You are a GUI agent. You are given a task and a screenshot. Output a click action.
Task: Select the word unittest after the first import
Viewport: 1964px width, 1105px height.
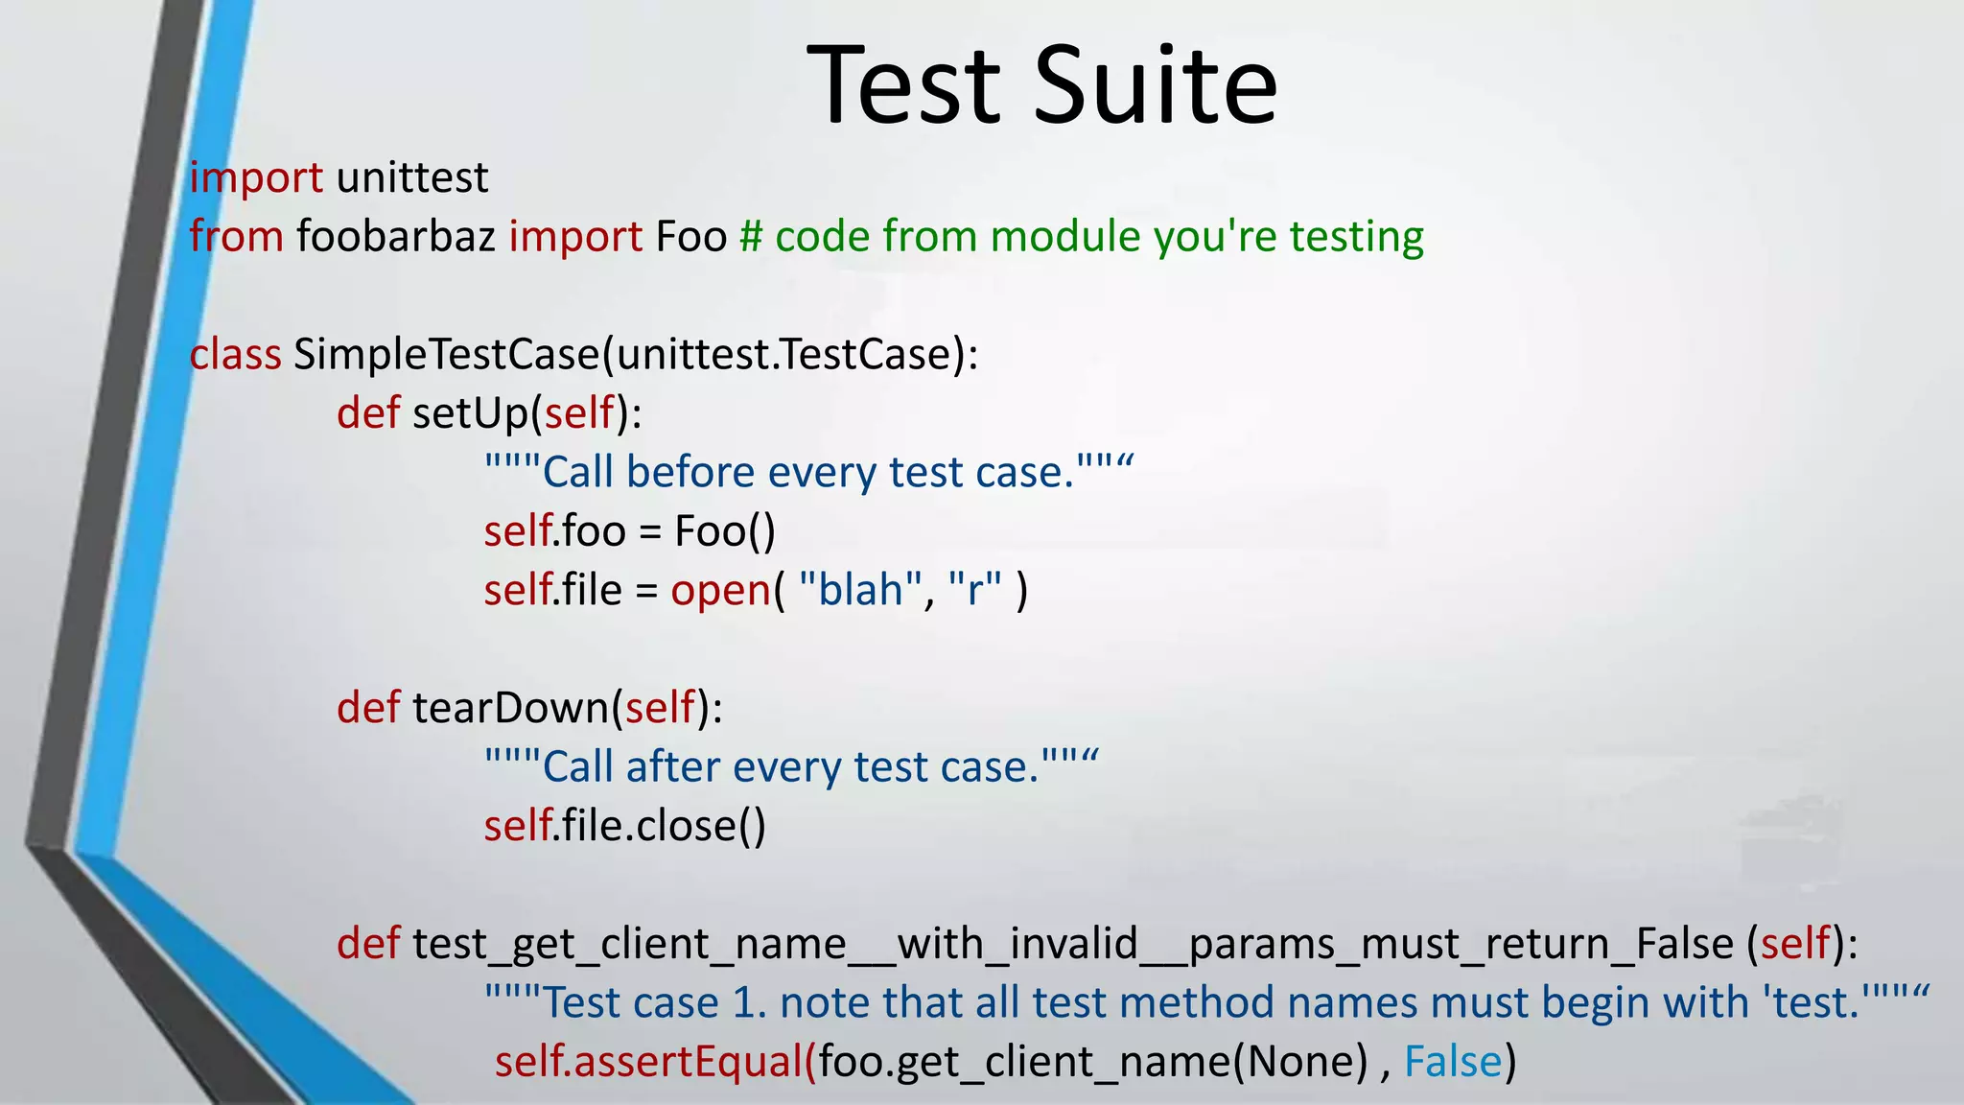pyautogui.click(x=412, y=178)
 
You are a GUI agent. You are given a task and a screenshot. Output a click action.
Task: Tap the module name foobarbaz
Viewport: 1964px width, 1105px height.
pyautogui.click(x=395, y=237)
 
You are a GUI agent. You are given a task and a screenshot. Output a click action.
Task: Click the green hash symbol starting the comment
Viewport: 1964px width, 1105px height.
pyautogui.click(x=751, y=237)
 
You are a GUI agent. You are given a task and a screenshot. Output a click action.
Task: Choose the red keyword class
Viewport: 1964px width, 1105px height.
pyautogui.click(x=235, y=355)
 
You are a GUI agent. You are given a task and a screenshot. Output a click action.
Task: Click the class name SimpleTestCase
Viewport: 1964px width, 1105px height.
pyautogui.click(x=446, y=355)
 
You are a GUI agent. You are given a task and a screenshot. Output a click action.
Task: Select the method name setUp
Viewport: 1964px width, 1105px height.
pyautogui.click(x=471, y=413)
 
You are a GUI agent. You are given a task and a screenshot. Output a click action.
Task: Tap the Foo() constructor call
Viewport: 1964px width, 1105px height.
pyautogui.click(x=725, y=531)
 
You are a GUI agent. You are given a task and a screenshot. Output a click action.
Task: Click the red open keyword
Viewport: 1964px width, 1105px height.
pyautogui.click(x=720, y=590)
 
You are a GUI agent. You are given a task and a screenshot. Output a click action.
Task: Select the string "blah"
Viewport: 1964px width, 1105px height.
pyautogui.click(x=859, y=590)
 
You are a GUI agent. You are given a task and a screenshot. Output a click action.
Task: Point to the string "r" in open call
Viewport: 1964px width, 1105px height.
pyautogui.click(x=975, y=590)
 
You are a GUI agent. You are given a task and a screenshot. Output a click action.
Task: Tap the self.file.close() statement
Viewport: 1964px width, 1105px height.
pyautogui.click(x=624, y=826)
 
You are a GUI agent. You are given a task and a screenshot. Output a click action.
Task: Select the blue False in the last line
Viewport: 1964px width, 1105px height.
pyautogui.click(x=1453, y=1062)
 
